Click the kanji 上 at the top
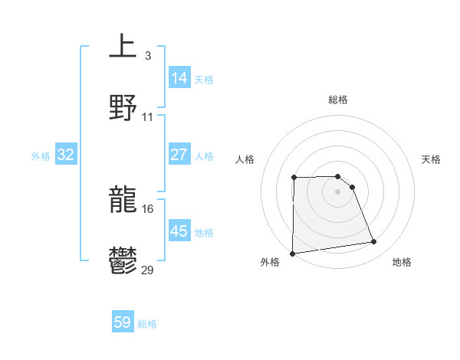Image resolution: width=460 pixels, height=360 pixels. point(123,46)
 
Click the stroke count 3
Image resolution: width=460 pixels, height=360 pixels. point(147,55)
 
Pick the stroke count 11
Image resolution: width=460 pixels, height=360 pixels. point(148,116)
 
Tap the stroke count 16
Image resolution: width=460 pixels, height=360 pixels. point(148,208)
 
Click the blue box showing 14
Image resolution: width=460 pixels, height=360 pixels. point(179,77)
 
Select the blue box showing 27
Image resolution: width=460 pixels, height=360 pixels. point(179,154)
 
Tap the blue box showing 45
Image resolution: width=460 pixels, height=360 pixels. point(179,231)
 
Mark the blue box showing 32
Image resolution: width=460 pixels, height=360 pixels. point(66,155)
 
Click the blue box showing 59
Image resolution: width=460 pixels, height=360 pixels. point(123,322)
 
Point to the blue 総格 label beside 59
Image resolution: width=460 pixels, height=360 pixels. point(148,324)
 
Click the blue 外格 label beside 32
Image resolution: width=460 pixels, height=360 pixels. point(41,156)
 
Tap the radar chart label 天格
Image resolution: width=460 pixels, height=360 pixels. point(431,159)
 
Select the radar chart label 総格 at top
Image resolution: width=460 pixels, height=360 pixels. point(337,100)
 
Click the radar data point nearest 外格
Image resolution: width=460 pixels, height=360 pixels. point(292,254)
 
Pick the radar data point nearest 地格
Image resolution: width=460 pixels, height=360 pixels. point(374,242)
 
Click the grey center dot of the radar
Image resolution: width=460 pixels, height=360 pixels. point(337,191)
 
